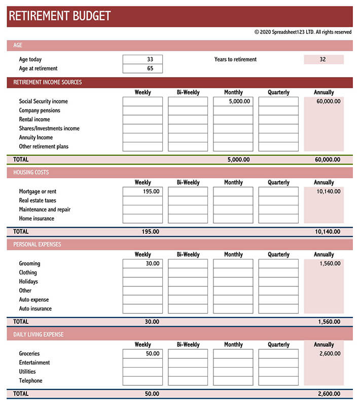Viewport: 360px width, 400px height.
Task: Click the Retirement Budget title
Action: coord(60,16)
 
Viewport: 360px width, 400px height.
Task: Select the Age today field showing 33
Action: coord(142,59)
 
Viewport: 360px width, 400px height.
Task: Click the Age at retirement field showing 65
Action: coord(142,68)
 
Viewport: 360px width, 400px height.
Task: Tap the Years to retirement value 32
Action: coord(323,59)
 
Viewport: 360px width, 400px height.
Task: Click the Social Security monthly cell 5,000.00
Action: coord(233,101)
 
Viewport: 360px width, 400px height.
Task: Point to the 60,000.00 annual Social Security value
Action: coord(323,101)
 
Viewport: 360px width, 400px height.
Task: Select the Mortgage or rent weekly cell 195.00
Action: coord(142,192)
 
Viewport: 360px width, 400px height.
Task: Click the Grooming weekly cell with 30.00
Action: coord(142,264)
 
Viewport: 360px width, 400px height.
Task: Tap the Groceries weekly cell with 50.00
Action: coord(142,354)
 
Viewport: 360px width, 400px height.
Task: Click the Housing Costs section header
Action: coord(31,172)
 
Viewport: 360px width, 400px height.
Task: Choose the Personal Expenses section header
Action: coord(37,244)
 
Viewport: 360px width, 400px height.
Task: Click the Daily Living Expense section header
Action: coord(39,335)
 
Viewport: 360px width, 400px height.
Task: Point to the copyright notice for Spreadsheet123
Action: coord(303,32)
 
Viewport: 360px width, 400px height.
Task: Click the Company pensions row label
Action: coord(40,111)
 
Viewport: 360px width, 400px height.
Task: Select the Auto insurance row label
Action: coord(35,309)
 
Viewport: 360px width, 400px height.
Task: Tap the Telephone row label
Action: coord(31,381)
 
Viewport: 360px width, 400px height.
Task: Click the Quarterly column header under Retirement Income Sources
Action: coord(278,92)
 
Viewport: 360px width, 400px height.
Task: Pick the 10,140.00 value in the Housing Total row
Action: coord(327,232)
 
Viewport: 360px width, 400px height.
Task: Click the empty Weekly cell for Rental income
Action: coord(142,120)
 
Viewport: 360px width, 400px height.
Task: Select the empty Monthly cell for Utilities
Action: coord(233,372)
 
